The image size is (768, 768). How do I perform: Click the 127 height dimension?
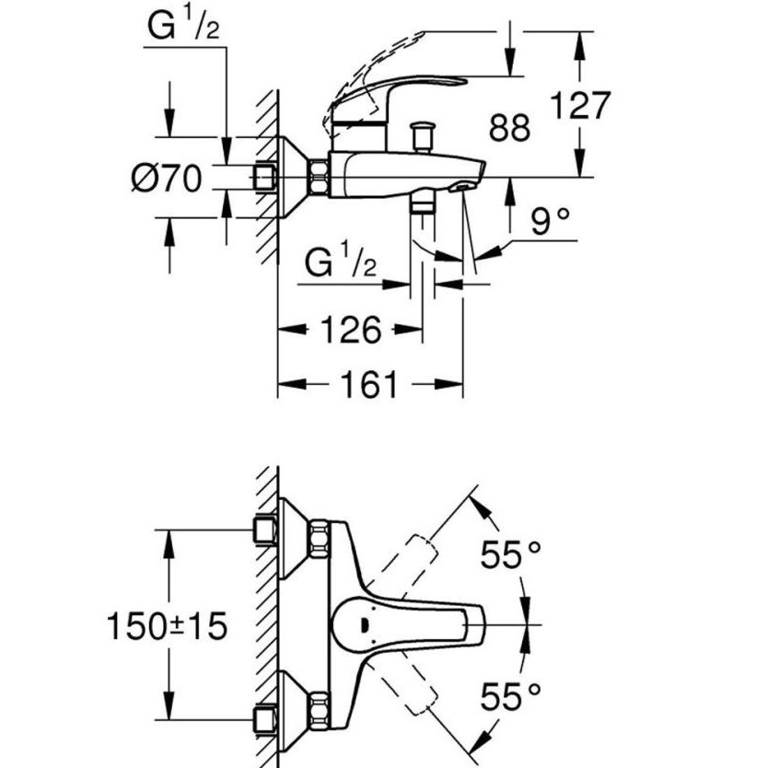pos(580,106)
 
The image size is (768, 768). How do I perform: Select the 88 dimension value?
pos(509,128)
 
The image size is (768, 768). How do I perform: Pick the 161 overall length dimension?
pos(369,384)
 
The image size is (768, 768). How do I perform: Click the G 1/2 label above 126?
pos(341,265)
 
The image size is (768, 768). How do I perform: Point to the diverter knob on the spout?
pos(424,135)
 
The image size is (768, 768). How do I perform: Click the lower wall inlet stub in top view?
pos(266,718)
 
